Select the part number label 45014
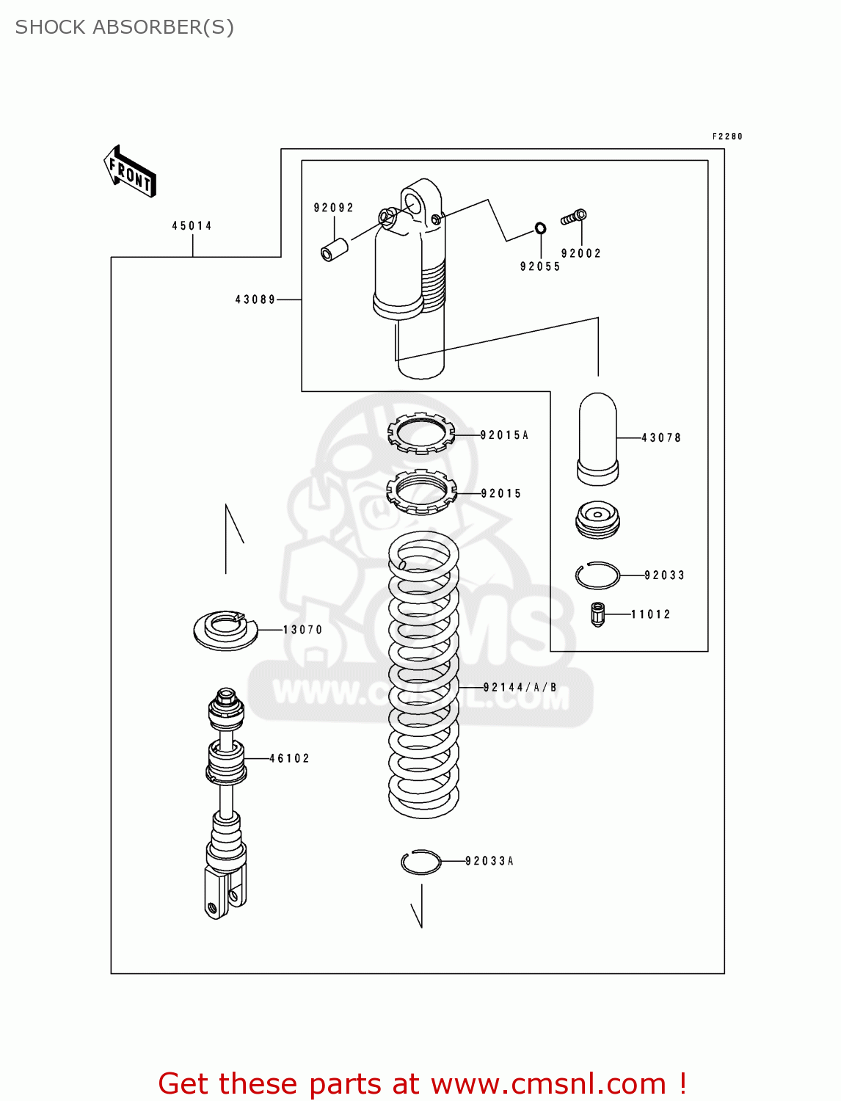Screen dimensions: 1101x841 click(192, 226)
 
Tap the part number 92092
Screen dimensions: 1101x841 click(334, 208)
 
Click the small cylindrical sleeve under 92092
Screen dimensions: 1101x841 click(335, 248)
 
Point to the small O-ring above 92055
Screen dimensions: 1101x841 click(540, 228)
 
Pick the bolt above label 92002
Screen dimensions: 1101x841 click(574, 217)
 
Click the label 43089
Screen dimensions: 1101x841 click(255, 299)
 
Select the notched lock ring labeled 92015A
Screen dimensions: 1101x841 click(421, 433)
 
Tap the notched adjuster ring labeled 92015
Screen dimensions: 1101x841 click(421, 492)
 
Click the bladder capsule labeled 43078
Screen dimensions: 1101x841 click(598, 439)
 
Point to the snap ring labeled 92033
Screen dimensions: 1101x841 click(597, 575)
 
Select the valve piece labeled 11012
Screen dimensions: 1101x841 click(598, 614)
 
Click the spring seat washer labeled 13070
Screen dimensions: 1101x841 click(225, 630)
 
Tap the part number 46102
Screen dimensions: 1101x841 click(290, 758)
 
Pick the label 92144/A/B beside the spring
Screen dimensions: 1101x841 click(520, 688)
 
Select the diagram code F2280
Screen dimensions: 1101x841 click(727, 137)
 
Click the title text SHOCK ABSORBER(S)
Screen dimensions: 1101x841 click(125, 27)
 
